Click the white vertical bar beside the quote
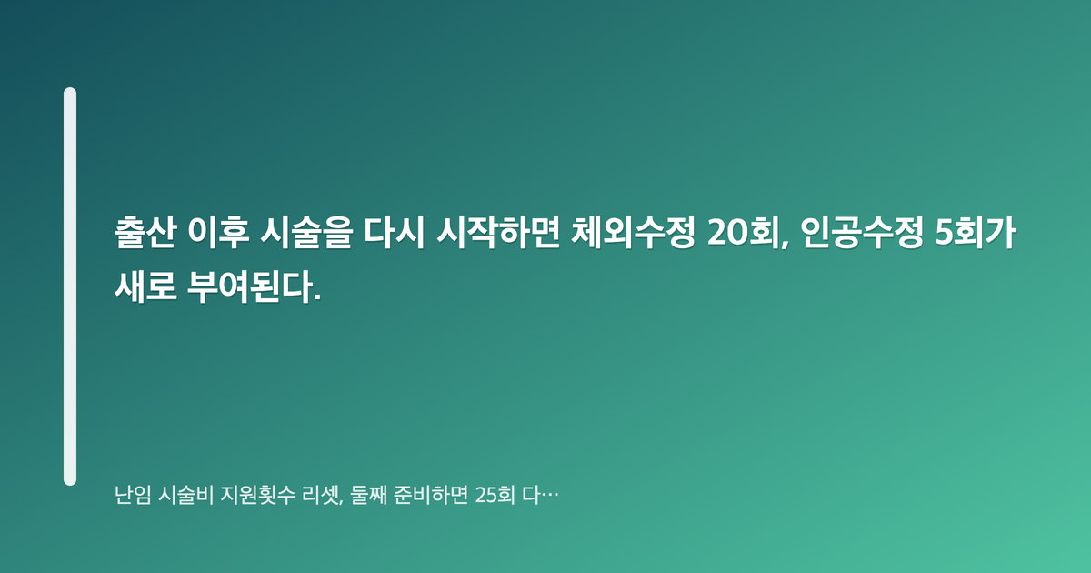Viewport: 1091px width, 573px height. pyautogui.click(x=70, y=286)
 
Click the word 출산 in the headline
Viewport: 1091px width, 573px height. pyautogui.click(x=145, y=233)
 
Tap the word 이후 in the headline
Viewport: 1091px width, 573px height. pyautogui.click(x=218, y=233)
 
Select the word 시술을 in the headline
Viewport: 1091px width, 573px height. pyautogui.click(x=305, y=233)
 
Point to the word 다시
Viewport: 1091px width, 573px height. pyautogui.click(x=395, y=233)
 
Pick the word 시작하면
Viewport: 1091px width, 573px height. pyautogui.click(x=497, y=233)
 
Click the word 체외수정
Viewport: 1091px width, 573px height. pyautogui.click(x=633, y=233)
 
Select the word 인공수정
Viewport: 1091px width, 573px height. pyautogui.click(x=862, y=233)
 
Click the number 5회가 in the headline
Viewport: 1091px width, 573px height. pyautogui.click(x=976, y=233)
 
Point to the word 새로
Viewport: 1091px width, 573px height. pyautogui.click(x=145, y=286)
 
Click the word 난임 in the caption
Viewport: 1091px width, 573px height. pyautogui.click(x=133, y=495)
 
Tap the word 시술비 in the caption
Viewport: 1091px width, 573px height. pyautogui.click(x=186, y=495)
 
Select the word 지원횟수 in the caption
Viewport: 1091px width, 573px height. pyautogui.click(x=257, y=495)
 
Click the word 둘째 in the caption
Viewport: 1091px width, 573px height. pyautogui.click(x=369, y=495)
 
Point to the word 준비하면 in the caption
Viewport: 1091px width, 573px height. pyautogui.click(x=431, y=495)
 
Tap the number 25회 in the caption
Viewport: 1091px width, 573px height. pyautogui.click(x=495, y=495)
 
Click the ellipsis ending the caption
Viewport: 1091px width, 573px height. pyautogui.click(x=550, y=496)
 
